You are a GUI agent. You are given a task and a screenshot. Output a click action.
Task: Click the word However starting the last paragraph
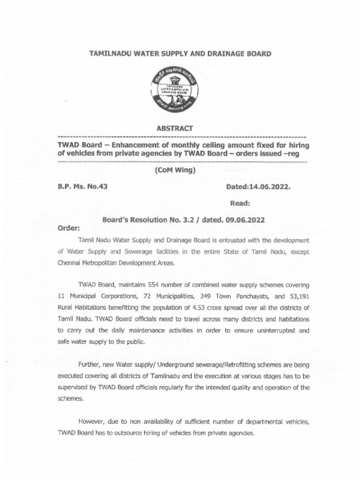[x=93, y=421]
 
